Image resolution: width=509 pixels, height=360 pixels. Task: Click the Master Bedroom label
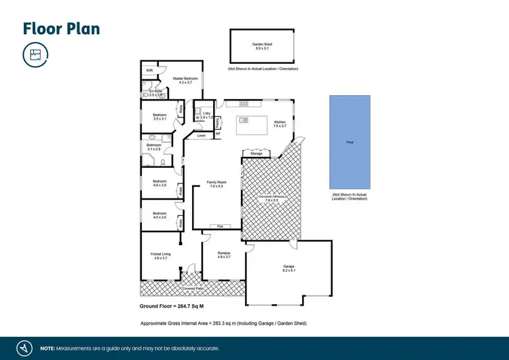click(183, 78)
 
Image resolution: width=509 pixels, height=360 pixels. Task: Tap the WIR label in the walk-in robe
click(149, 71)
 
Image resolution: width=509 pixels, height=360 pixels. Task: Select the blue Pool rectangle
click(350, 143)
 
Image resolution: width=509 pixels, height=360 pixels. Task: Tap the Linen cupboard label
click(202, 136)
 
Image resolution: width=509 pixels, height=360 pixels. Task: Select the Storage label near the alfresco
click(256, 154)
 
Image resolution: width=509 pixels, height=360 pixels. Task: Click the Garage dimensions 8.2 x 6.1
click(289, 271)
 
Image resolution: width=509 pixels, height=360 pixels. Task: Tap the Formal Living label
click(161, 253)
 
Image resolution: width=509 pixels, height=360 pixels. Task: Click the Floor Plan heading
click(62, 28)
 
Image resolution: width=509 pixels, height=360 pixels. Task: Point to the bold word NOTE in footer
click(48, 348)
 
